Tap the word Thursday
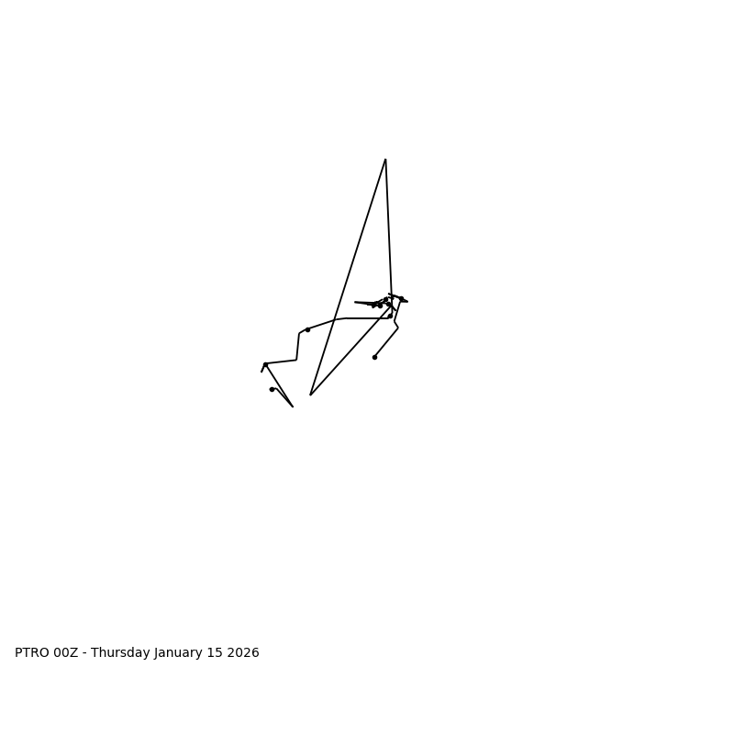pos(120,653)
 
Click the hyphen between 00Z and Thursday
pos(84,653)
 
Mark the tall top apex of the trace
pos(385,160)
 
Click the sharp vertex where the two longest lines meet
pos(311,395)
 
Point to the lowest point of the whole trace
pos(293,406)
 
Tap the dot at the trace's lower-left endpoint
pos(272,389)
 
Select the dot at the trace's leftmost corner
pos(265,364)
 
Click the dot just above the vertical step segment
pos(307,329)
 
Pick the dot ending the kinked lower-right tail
pos(374,357)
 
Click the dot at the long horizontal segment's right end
pos(390,316)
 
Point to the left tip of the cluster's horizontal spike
pos(355,302)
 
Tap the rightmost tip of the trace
pos(407,301)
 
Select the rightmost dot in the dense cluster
pos(401,298)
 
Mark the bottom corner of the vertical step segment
pos(296,360)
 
